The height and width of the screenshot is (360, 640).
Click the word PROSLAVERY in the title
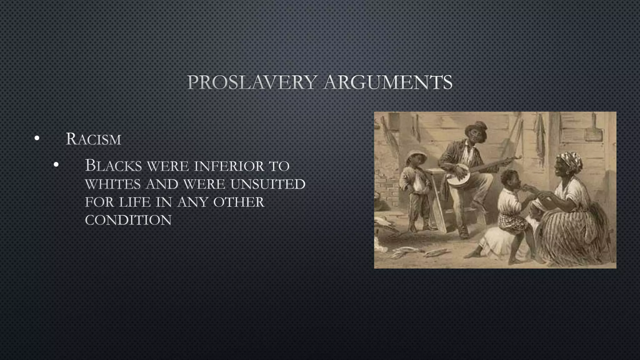(250, 82)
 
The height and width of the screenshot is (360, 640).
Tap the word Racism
(93, 139)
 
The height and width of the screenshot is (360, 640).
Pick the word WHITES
(112, 184)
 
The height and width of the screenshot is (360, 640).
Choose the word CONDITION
(128, 220)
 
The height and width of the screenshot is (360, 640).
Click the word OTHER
(239, 202)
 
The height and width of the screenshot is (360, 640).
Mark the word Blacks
(113, 166)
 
